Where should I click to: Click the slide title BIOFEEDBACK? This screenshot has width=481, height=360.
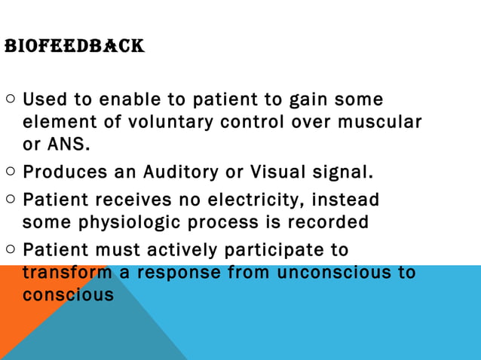pyautogui.click(x=74, y=47)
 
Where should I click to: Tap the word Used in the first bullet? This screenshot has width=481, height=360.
pyautogui.click(x=44, y=99)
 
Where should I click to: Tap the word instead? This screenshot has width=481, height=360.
pyautogui.click(x=342, y=201)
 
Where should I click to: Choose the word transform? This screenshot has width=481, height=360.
pyautogui.click(x=65, y=272)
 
